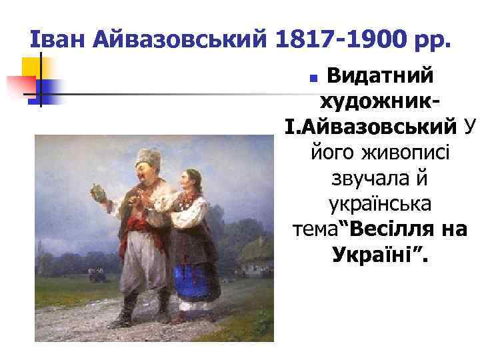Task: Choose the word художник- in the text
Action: coord(381,101)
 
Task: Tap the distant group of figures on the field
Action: coord(97,271)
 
